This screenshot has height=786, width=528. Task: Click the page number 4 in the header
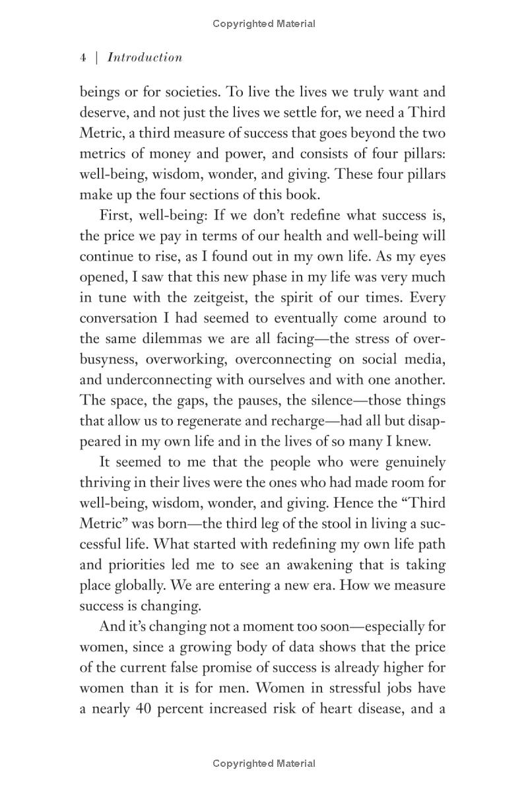pos(82,58)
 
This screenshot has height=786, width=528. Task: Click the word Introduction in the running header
pos(145,57)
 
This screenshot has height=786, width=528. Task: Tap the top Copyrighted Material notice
pos(264,24)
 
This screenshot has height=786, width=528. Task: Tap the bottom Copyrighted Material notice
pos(264,764)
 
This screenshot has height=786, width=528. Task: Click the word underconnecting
pos(162,380)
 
